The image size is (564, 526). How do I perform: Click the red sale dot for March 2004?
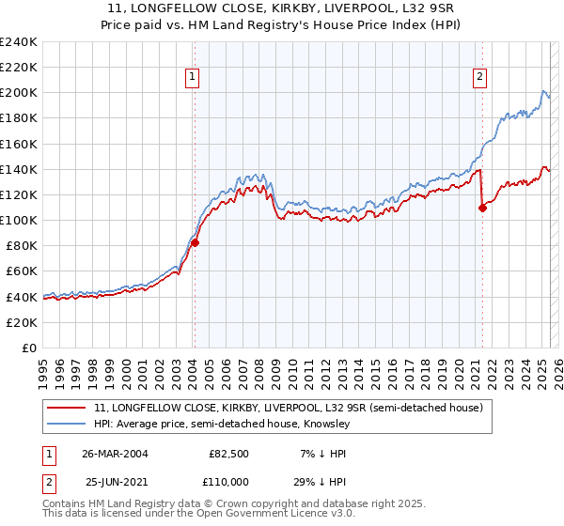coord(196,242)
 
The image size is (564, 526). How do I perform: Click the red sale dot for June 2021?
coord(482,208)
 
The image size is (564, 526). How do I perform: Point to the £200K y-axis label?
coord(18,93)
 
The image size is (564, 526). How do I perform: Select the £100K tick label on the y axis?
coord(18,220)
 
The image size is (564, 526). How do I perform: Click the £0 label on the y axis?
coord(28,348)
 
